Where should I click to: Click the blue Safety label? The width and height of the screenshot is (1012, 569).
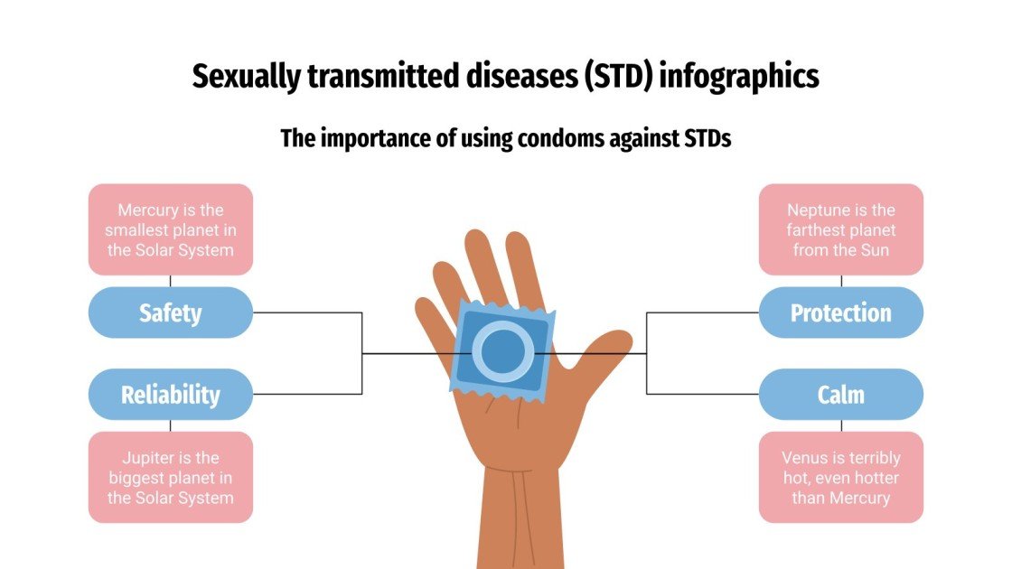pos(170,313)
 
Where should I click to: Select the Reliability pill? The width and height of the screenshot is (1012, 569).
pos(170,395)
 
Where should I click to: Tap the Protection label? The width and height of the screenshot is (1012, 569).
pos(840,313)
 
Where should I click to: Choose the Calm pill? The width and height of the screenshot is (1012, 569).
pos(840,395)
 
